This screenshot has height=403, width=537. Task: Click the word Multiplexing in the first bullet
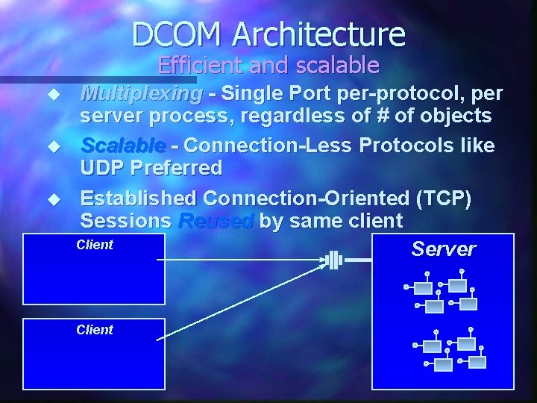(x=141, y=94)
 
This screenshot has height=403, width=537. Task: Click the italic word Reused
(x=216, y=221)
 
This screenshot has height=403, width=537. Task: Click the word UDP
(x=104, y=167)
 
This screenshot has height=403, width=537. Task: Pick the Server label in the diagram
(x=443, y=249)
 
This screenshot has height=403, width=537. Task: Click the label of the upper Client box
(x=95, y=245)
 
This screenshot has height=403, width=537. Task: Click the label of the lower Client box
(x=95, y=330)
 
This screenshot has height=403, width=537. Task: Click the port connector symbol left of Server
(x=334, y=260)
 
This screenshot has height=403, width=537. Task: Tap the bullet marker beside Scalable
(x=53, y=144)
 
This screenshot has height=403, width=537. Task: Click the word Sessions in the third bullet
(x=125, y=221)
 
